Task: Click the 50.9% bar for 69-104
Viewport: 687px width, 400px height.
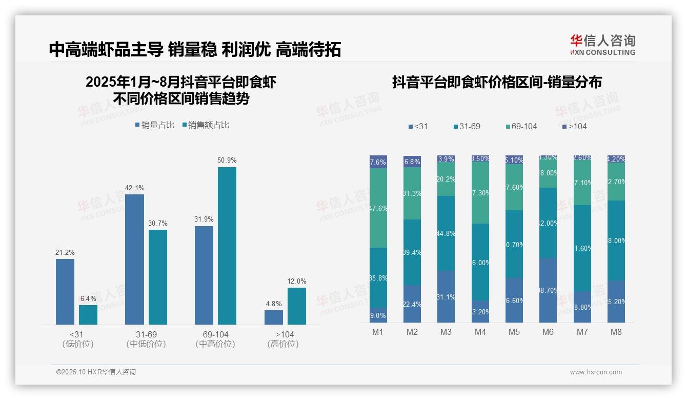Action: (x=227, y=246)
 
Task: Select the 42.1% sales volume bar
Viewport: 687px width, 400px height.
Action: (x=134, y=259)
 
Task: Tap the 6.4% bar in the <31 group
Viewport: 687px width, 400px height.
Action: (x=88, y=314)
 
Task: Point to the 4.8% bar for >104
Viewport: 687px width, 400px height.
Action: (x=274, y=317)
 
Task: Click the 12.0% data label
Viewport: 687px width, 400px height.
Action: (x=296, y=281)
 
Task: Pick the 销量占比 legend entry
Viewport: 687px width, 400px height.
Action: (x=155, y=125)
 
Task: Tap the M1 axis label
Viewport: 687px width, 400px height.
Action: (x=378, y=332)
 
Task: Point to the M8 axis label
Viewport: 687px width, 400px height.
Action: (x=616, y=332)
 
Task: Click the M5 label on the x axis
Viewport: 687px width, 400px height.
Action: (x=514, y=332)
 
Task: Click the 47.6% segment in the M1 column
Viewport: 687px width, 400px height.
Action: (x=378, y=208)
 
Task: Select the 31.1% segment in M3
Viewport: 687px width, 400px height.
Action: (x=446, y=296)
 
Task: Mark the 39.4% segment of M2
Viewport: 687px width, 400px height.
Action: (x=412, y=252)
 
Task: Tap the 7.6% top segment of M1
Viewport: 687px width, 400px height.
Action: (x=378, y=162)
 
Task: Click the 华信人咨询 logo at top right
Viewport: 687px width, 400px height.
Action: (x=602, y=45)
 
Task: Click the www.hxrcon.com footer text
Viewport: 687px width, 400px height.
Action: (x=596, y=372)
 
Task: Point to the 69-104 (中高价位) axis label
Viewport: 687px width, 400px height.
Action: (x=215, y=339)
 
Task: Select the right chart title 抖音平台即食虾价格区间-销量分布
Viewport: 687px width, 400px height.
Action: (x=497, y=82)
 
